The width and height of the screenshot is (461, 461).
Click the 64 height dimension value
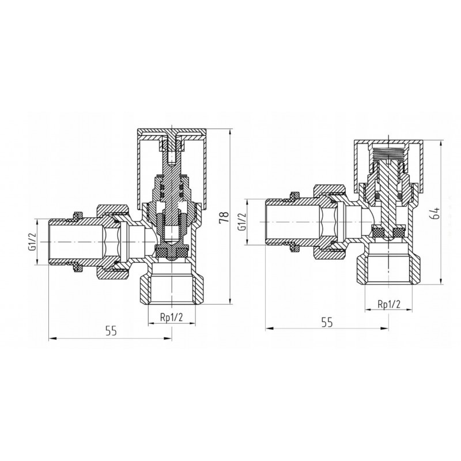coord(436,213)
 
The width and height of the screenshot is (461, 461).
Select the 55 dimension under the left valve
coord(111,331)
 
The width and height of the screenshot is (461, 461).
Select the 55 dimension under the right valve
coord(327,322)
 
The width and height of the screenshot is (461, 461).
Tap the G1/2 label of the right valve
coord(242,222)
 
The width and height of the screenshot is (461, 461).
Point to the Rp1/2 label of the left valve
coord(171,317)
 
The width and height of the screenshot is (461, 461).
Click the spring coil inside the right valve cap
coord(388,154)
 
